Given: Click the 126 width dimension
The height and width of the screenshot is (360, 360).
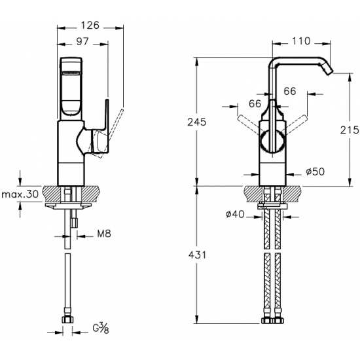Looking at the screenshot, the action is [x=90, y=26].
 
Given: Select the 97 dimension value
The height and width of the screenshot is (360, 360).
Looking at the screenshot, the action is [x=82, y=41].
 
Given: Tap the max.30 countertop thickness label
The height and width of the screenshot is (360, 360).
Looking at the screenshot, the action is [x=20, y=194].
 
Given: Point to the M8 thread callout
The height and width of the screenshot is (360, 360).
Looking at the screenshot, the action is [x=104, y=234].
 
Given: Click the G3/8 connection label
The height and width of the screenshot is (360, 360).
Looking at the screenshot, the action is [x=101, y=329].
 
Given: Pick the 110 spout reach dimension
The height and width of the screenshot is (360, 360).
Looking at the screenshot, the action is [x=301, y=41].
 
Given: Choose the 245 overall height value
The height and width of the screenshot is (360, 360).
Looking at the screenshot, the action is [x=197, y=122].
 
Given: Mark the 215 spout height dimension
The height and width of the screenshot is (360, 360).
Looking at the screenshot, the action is [x=350, y=130].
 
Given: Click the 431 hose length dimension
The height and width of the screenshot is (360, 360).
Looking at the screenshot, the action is [x=197, y=255].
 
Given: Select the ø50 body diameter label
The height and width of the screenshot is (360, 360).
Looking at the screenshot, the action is [x=315, y=171].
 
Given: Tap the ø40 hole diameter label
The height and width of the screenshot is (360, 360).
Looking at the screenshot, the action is [x=235, y=215].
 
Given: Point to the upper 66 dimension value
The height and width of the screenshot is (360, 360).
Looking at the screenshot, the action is [x=290, y=91].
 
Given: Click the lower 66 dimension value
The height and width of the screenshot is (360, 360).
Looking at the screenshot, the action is [x=255, y=103].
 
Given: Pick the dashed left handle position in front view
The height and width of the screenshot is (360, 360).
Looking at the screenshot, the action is [x=250, y=126].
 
